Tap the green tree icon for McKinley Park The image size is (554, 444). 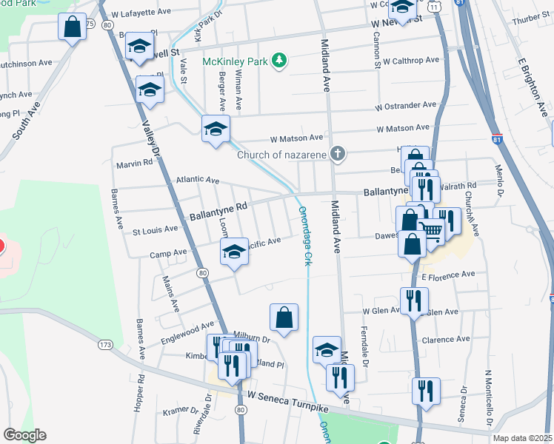(279, 60)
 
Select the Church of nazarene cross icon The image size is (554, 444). (338, 155)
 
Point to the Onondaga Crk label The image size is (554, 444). (304, 235)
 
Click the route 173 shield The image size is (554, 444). (105, 345)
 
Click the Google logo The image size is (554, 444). (24, 435)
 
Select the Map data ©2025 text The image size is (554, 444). (523, 438)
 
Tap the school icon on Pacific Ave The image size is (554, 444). (235, 253)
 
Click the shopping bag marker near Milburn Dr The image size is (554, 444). (284, 318)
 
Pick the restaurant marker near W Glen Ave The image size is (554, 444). (413, 300)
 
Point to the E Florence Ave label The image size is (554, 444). (448, 275)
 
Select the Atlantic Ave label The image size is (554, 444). (198, 180)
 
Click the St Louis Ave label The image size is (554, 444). (155, 231)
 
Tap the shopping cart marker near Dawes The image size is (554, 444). (431, 231)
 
